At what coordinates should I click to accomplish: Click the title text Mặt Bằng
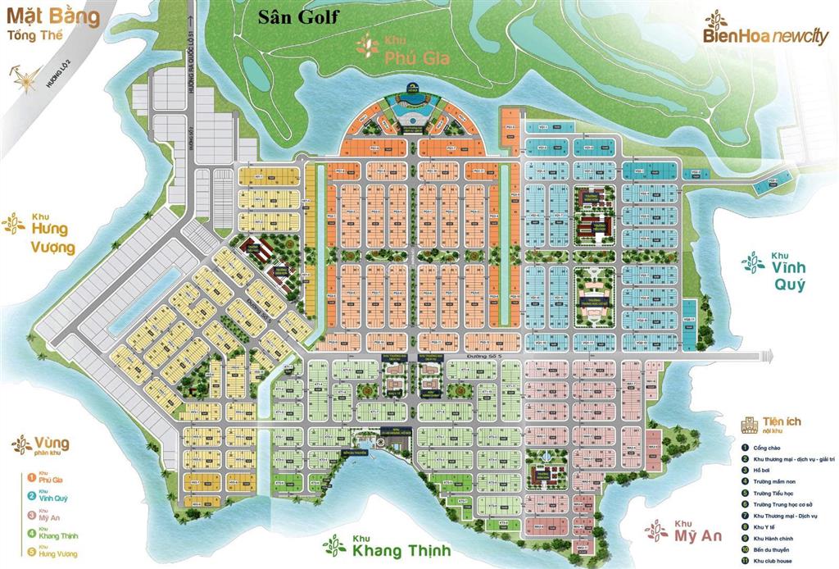coord(53,16)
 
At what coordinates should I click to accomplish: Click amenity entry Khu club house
coord(776,560)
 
